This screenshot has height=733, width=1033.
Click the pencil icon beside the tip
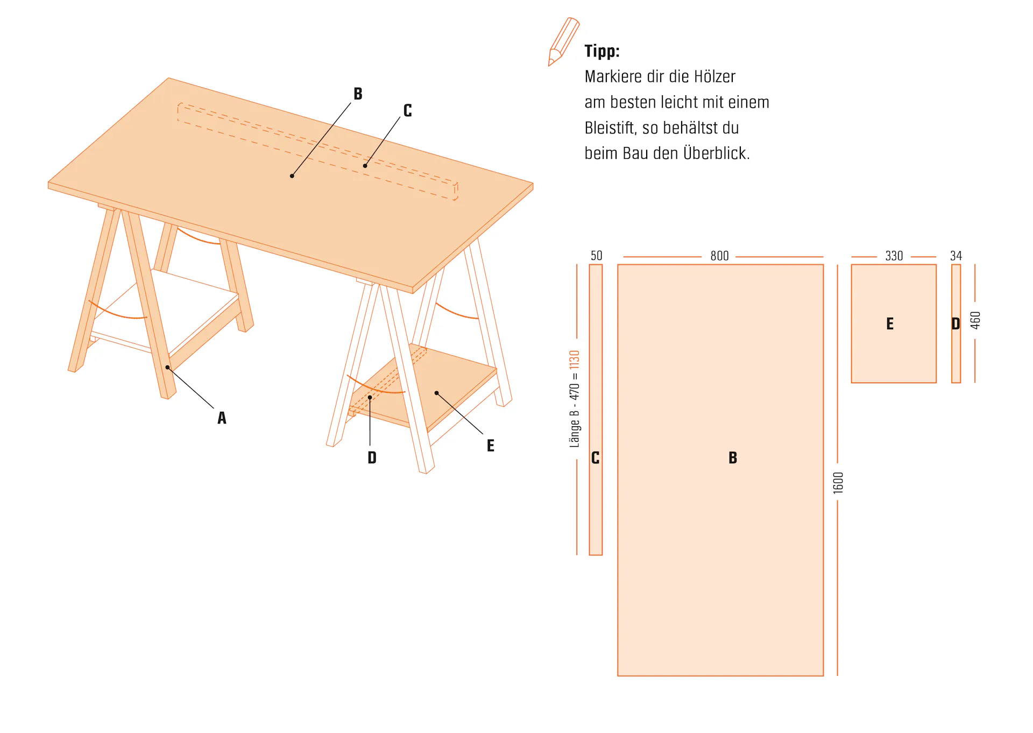click(563, 42)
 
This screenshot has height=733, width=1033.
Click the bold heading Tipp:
click(602, 51)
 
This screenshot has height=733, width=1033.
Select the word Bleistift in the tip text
click(611, 128)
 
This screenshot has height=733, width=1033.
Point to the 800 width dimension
click(719, 256)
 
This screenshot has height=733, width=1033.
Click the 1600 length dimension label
click(838, 483)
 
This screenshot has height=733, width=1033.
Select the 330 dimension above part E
click(894, 256)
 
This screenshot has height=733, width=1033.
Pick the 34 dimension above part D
click(956, 256)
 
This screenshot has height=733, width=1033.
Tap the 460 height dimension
click(975, 320)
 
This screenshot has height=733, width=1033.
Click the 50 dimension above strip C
click(596, 256)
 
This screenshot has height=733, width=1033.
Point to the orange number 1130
click(575, 360)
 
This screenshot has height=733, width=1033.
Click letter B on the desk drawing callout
click(358, 94)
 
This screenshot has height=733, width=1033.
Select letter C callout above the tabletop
click(408, 111)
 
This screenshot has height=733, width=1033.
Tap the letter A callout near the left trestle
click(222, 418)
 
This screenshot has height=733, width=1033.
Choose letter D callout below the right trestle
click(372, 458)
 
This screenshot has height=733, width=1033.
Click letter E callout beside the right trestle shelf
click(490, 446)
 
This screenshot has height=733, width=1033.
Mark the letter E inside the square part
click(890, 324)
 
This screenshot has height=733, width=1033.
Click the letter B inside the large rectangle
click(733, 458)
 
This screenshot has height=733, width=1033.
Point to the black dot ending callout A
click(168, 368)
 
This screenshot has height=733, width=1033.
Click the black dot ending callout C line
click(365, 166)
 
